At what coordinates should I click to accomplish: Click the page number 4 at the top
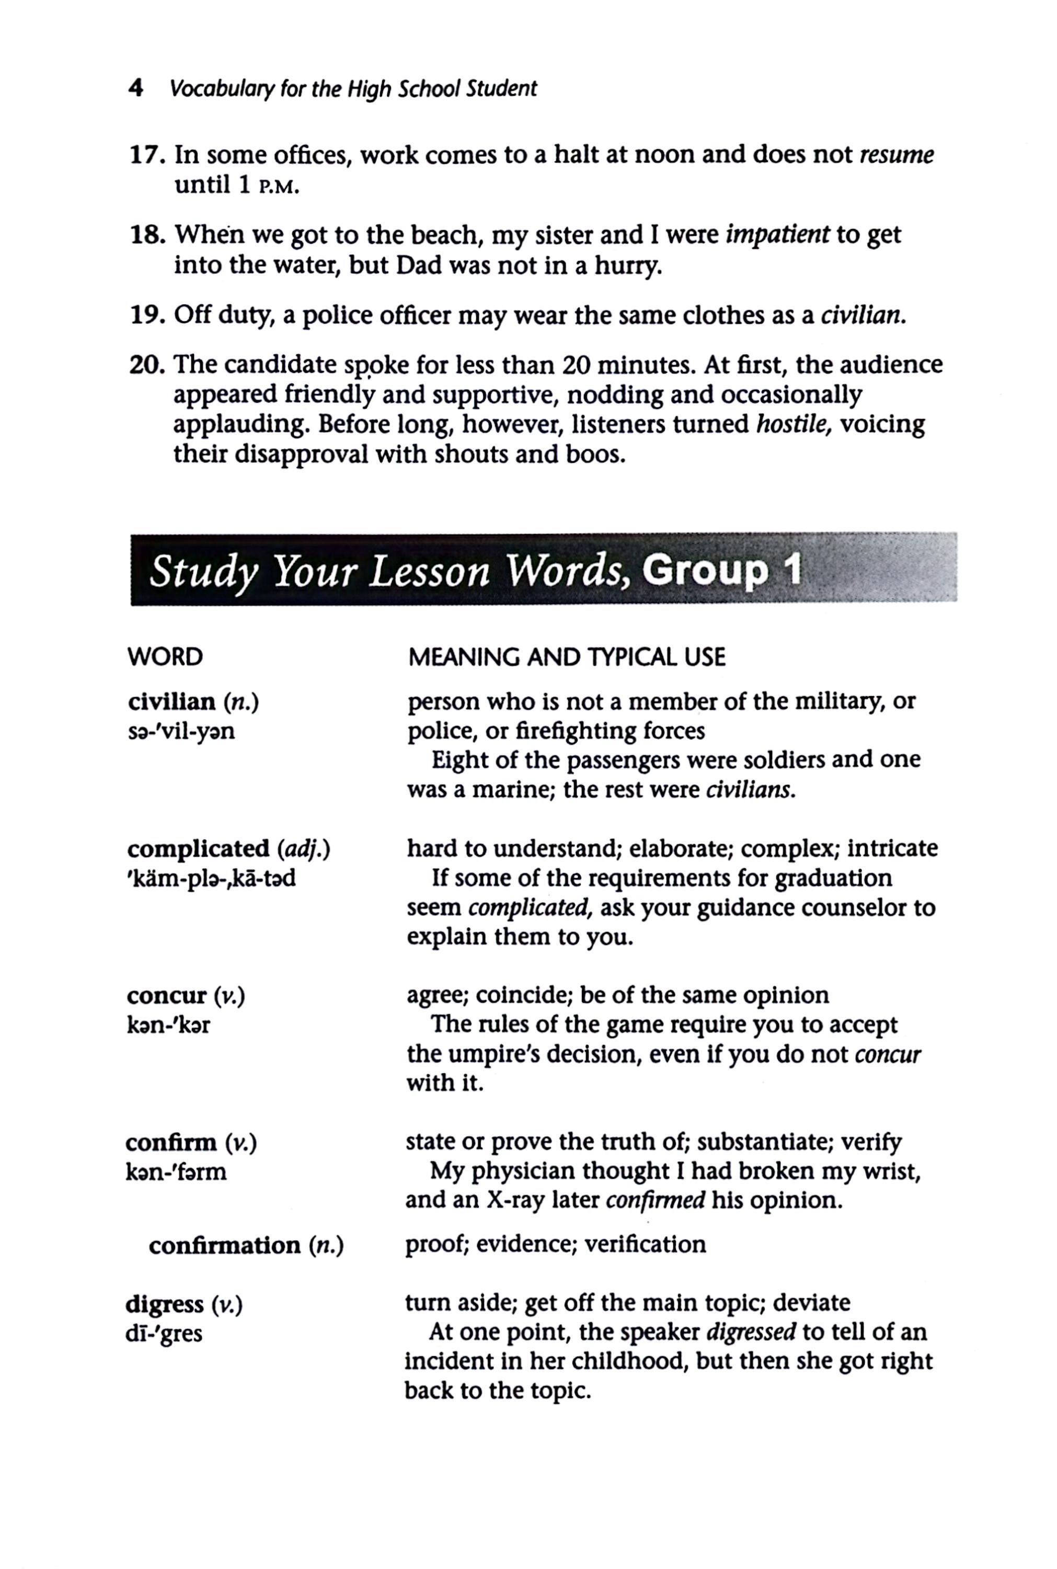(135, 88)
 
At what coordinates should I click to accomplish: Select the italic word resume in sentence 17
(897, 156)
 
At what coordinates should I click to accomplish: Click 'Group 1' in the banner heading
(721, 571)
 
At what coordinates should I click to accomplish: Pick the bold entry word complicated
(198, 848)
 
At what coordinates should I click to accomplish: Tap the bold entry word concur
(167, 995)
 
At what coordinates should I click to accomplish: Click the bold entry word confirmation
(224, 1245)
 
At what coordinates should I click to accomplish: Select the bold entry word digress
(165, 1305)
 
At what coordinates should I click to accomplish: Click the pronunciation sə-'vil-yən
(181, 731)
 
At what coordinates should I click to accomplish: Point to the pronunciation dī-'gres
(164, 1334)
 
